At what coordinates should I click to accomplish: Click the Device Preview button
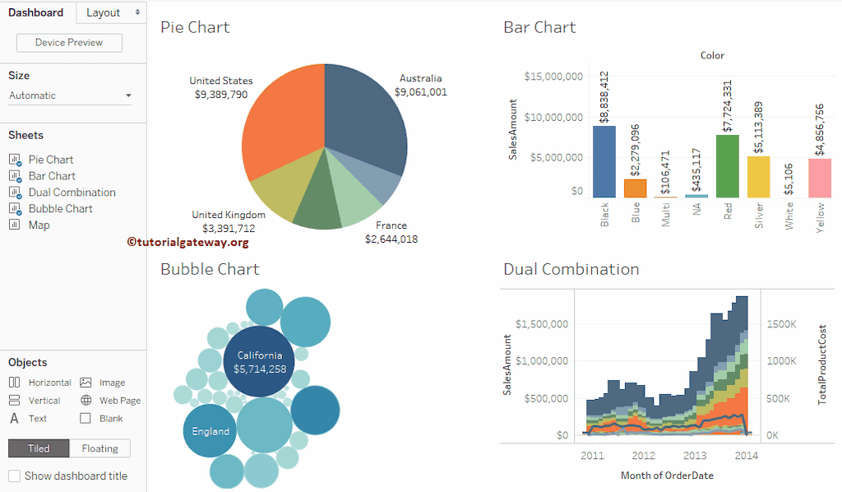(x=68, y=43)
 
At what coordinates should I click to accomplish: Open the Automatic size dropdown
(x=70, y=95)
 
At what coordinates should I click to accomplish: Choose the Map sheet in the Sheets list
(x=39, y=225)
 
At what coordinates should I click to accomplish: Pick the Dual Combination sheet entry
(x=72, y=193)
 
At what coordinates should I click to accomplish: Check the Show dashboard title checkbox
(x=14, y=476)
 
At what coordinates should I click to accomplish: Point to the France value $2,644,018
(x=391, y=239)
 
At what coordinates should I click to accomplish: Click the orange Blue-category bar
(x=635, y=188)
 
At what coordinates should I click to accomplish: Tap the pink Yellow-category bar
(x=820, y=178)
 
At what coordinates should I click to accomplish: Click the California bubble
(x=259, y=362)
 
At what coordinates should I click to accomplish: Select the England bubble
(x=210, y=431)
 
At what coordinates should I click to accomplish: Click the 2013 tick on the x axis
(x=694, y=455)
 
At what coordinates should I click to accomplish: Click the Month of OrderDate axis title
(x=667, y=476)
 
